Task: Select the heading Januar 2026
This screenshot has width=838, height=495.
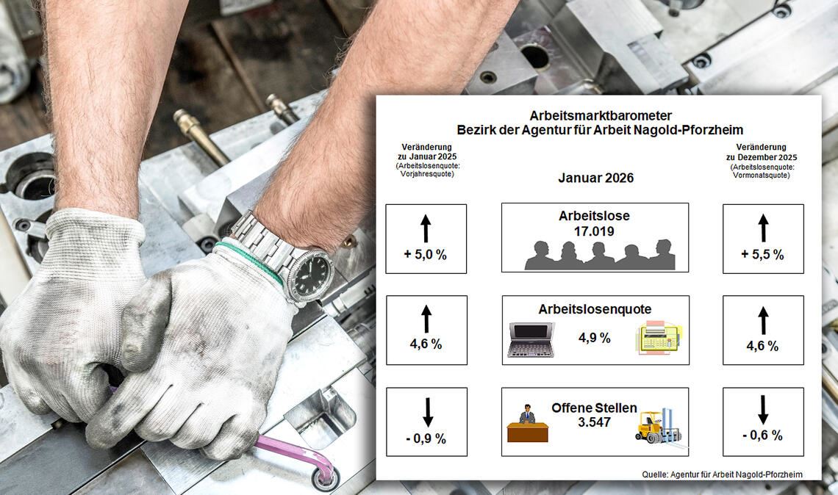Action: click(595, 178)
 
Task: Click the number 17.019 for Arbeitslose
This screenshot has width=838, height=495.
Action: click(595, 231)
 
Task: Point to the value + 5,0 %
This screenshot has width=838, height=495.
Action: click(425, 255)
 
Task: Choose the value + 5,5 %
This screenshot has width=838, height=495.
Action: click(762, 255)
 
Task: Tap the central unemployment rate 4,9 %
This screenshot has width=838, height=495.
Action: click(595, 338)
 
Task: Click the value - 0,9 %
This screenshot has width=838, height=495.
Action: click(425, 438)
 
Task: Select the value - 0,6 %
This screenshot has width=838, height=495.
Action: click(762, 436)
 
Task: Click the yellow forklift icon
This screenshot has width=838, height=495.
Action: click(656, 427)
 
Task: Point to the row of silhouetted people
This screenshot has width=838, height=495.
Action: click(599, 255)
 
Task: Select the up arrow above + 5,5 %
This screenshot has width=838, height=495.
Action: click(763, 228)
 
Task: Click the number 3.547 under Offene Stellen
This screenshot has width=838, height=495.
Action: click(594, 422)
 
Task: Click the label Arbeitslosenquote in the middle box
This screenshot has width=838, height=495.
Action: click(595, 309)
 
